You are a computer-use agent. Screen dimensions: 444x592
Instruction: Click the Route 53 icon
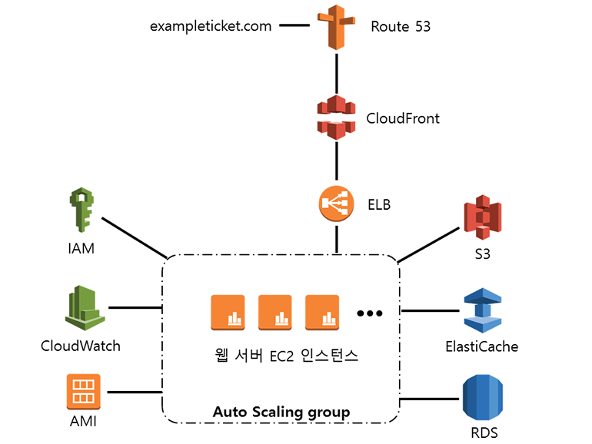tap(337, 27)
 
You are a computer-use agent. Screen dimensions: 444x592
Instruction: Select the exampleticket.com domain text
tap(211, 26)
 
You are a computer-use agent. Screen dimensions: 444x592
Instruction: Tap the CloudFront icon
tap(337, 118)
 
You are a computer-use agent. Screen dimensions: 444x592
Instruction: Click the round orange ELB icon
tap(336, 204)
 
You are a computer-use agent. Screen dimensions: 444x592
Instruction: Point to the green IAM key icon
tap(80, 210)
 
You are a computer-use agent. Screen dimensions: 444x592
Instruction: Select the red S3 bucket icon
tap(482, 219)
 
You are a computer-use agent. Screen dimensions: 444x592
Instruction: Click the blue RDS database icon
tap(482, 398)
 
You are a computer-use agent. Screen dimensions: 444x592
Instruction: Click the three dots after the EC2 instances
tap(369, 313)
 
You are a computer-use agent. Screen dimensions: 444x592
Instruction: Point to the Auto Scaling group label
tap(281, 413)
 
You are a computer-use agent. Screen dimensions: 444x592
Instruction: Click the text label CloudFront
tap(403, 118)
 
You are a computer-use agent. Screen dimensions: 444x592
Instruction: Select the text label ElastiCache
tap(482, 346)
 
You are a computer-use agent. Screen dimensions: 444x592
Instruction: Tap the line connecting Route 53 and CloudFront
tap(337, 72)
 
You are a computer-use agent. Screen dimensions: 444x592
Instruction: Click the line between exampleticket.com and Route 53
tap(293, 25)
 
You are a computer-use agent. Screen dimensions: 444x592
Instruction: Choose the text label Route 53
tap(401, 27)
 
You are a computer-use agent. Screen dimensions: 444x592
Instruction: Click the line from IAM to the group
tap(135, 238)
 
